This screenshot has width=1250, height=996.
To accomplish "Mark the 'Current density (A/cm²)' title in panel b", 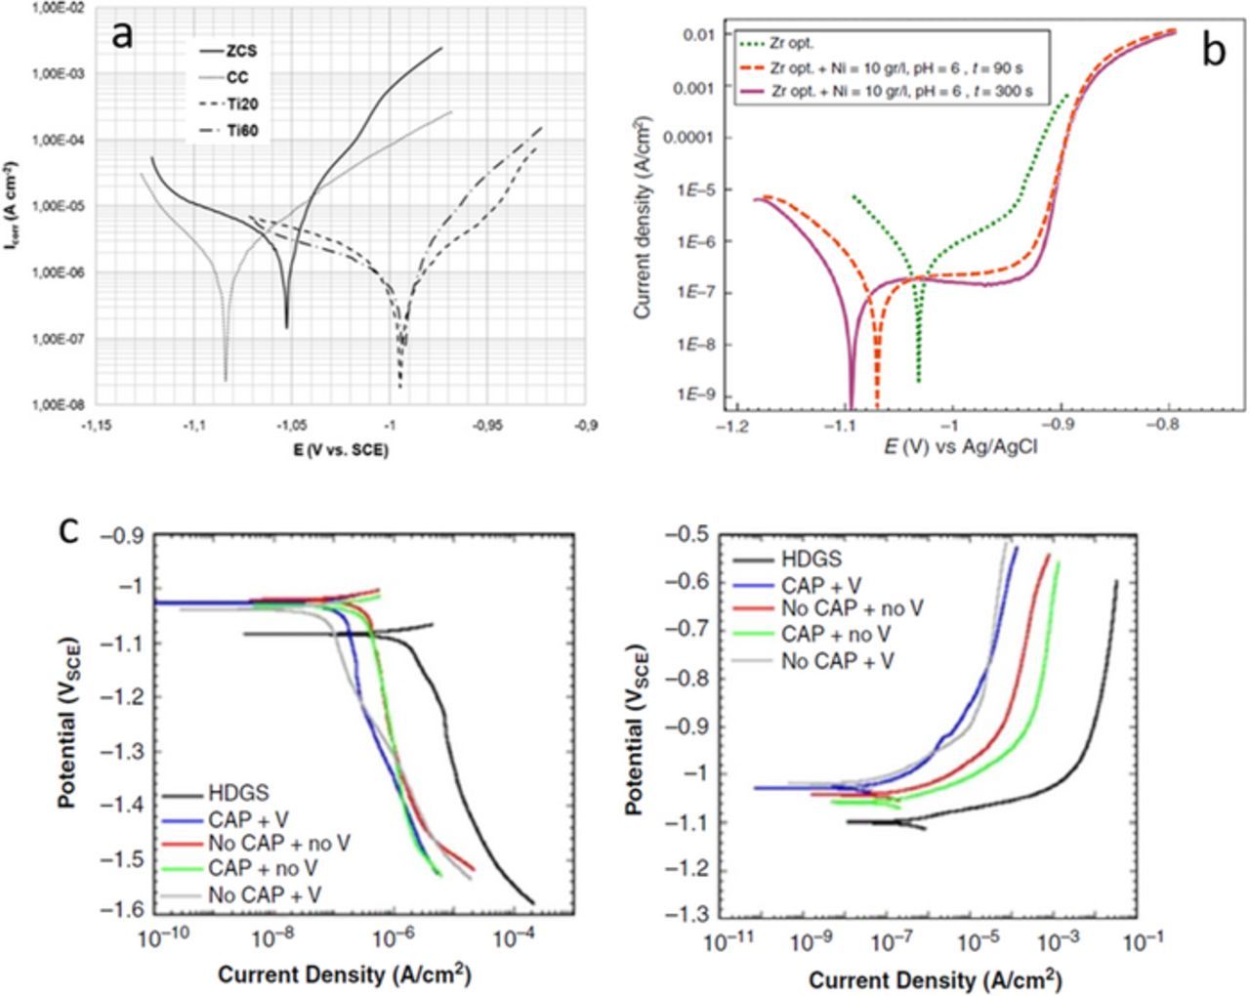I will coord(643,217).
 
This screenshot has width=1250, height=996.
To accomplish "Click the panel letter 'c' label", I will coord(69,529).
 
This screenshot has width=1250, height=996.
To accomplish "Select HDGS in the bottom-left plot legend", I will coord(237,794).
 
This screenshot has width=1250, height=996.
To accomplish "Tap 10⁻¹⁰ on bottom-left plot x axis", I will coord(160,938).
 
